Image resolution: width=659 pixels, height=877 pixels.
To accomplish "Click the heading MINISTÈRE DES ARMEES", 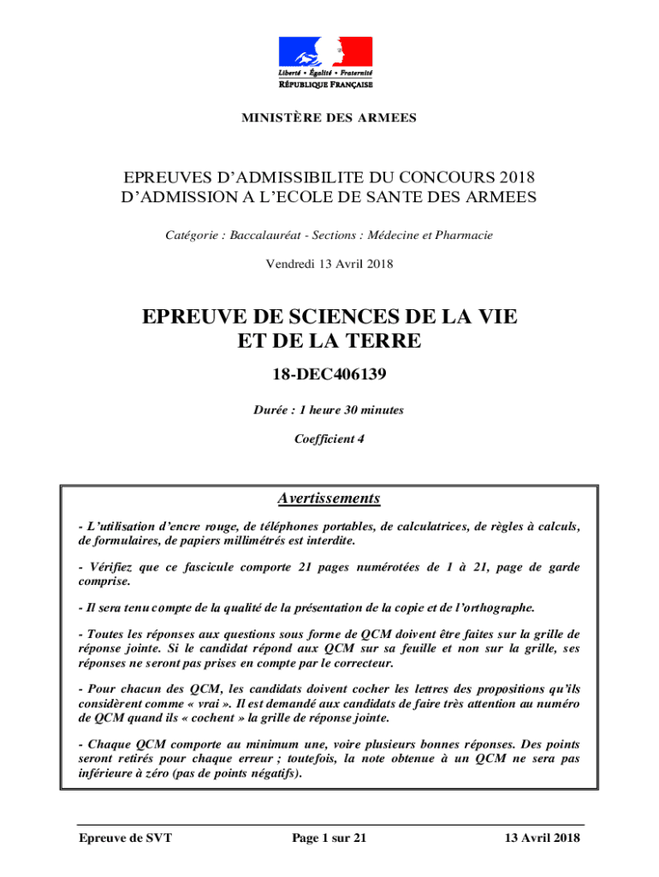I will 329,117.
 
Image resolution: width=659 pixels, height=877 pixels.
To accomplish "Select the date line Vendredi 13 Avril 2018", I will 329,264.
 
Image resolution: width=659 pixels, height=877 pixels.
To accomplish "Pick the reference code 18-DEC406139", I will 329,373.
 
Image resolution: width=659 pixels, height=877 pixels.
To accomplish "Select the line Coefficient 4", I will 329,439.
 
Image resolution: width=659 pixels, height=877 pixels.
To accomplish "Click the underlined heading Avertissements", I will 329,498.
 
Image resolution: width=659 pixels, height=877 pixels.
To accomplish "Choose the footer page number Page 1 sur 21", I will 329,838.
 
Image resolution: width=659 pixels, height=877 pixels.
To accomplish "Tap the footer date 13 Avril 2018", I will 542,838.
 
